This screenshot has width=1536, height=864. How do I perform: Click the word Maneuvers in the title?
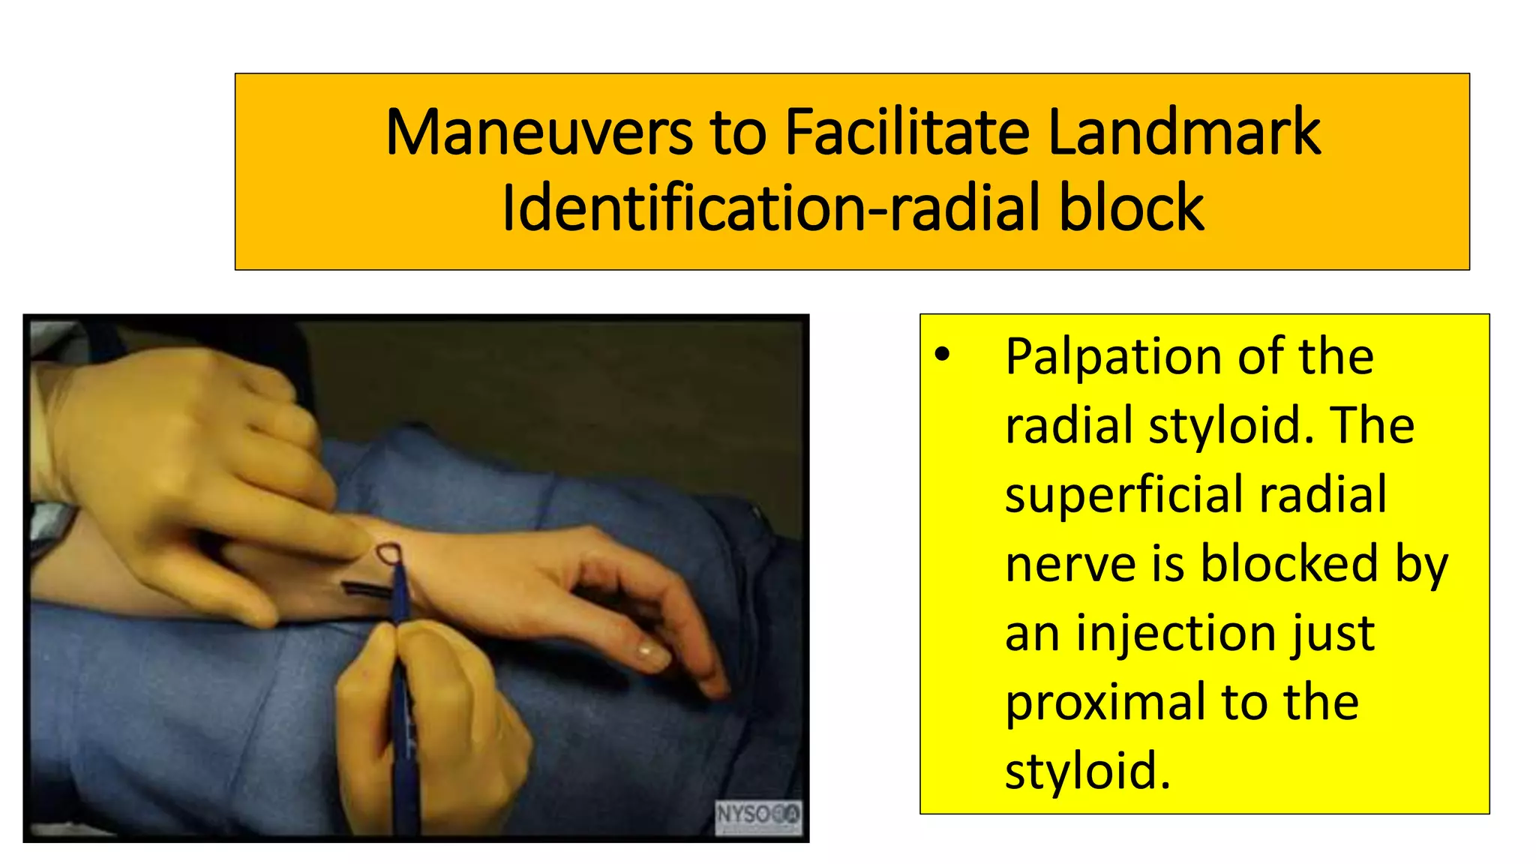[538, 133]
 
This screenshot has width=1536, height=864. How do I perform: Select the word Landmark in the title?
[1183, 133]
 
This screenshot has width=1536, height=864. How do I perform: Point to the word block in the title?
[1132, 208]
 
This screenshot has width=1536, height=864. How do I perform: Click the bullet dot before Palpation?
[943, 355]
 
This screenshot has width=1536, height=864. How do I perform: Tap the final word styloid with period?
[1087, 771]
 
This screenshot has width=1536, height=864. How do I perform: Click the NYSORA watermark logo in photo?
[757, 815]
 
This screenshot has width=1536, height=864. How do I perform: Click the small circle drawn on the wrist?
[388, 554]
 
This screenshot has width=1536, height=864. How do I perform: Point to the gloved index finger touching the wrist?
[330, 532]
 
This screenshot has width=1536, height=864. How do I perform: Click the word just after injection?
[1333, 634]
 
